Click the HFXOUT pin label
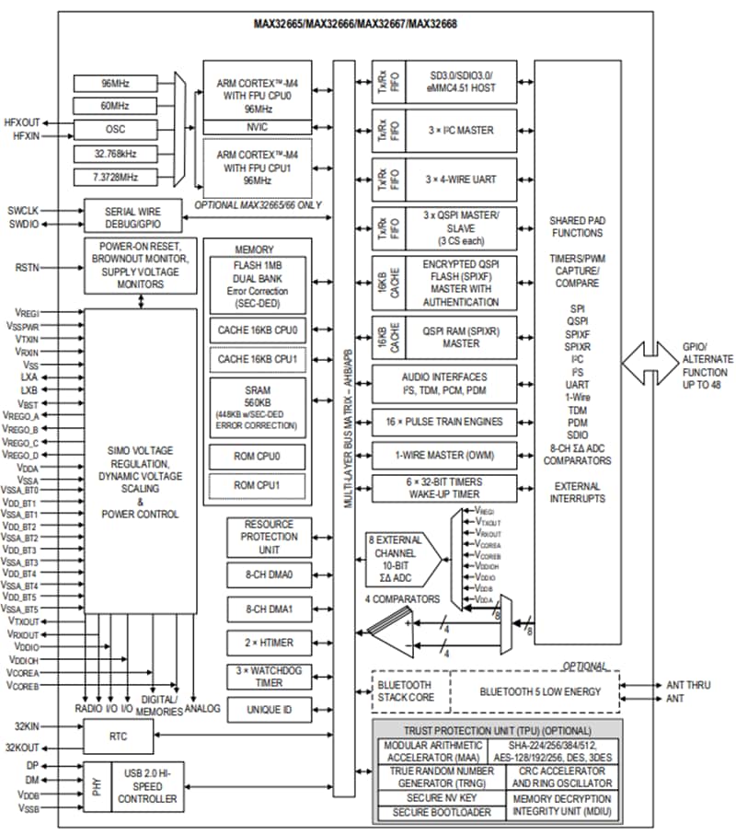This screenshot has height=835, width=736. point(22,122)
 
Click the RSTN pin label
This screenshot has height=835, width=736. point(26,269)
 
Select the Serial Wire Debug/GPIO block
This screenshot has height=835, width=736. point(134,217)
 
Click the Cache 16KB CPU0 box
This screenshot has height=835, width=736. point(258,329)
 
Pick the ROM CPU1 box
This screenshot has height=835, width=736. point(258,484)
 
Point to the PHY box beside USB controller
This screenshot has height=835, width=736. point(98,791)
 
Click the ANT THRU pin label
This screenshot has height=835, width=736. point(688,685)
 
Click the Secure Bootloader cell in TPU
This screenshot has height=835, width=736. point(435,813)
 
